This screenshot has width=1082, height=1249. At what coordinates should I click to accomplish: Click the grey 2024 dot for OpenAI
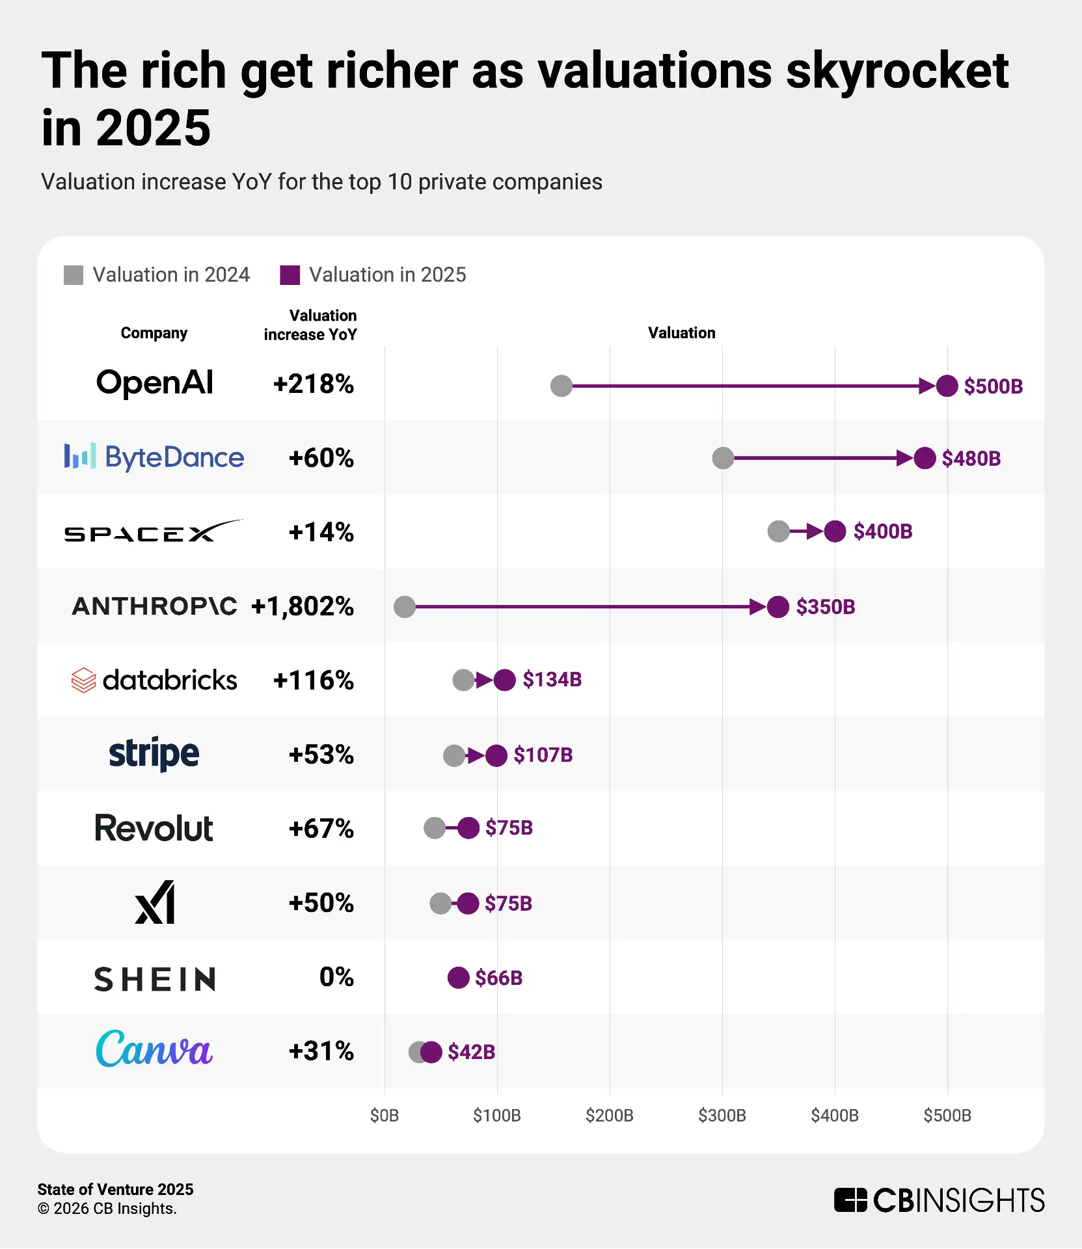561,386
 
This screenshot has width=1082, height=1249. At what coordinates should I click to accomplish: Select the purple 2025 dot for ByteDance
925,458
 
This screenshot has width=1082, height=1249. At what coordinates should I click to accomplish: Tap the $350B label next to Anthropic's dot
825,607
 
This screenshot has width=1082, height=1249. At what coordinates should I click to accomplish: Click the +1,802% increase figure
303,606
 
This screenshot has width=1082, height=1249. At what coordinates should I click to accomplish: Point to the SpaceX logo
154,531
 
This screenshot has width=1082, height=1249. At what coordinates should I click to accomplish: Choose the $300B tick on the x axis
722,1116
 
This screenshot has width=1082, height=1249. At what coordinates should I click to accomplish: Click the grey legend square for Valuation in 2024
74,275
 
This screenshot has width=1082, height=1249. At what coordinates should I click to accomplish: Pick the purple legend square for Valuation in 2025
290,275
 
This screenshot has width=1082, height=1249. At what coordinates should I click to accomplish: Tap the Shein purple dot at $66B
458,977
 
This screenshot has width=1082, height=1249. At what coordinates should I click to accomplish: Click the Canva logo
154,1049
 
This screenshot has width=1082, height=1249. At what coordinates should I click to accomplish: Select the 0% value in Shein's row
336,977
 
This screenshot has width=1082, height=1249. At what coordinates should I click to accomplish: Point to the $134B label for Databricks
552,680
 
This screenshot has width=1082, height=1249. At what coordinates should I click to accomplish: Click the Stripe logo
154,754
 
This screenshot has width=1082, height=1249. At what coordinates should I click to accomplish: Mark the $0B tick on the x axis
384,1116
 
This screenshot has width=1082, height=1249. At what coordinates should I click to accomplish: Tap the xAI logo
155,902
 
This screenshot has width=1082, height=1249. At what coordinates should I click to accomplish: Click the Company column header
154,333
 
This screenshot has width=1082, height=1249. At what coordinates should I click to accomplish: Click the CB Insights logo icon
850,1200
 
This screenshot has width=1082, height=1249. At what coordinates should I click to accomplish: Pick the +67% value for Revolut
321,829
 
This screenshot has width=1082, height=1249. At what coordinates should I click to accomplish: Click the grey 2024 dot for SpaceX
778,531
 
